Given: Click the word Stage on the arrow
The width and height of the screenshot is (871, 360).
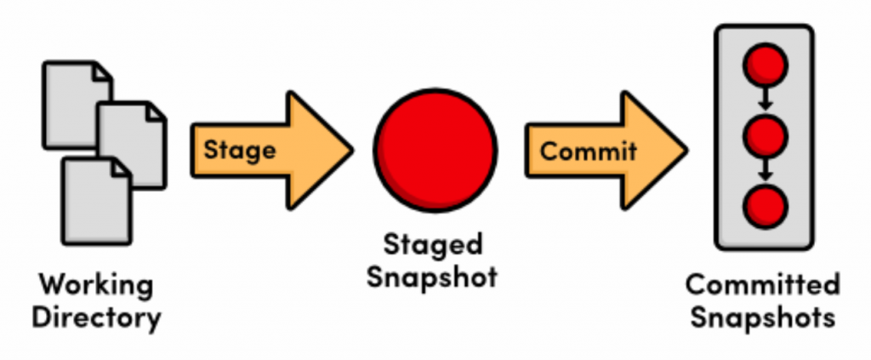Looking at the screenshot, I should click(240, 151).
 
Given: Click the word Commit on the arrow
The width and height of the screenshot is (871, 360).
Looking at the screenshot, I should click(588, 151).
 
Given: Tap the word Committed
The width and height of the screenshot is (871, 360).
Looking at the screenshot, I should click(762, 283).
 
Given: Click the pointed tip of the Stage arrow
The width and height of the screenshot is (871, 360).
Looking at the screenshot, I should click(350, 151).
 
